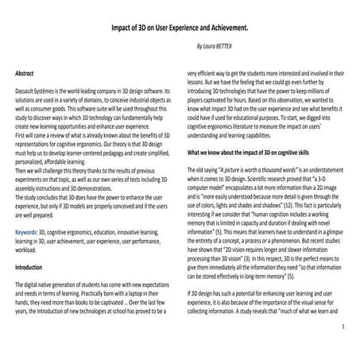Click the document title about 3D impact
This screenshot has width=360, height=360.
[x=180, y=26]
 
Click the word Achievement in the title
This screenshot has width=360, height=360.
[x=232, y=26]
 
